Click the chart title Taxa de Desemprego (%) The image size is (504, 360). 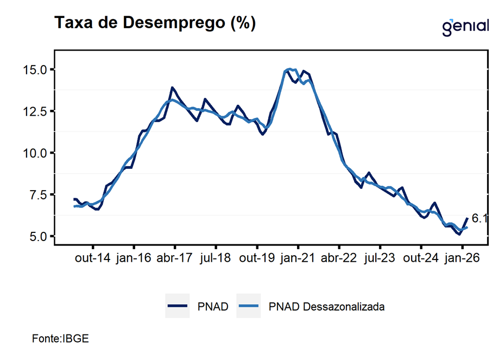click(154, 23)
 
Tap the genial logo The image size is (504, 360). click(465, 26)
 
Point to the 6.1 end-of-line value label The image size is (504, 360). click(479, 219)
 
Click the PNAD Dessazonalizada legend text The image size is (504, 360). click(326, 307)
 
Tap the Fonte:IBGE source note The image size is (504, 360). click(60, 338)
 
